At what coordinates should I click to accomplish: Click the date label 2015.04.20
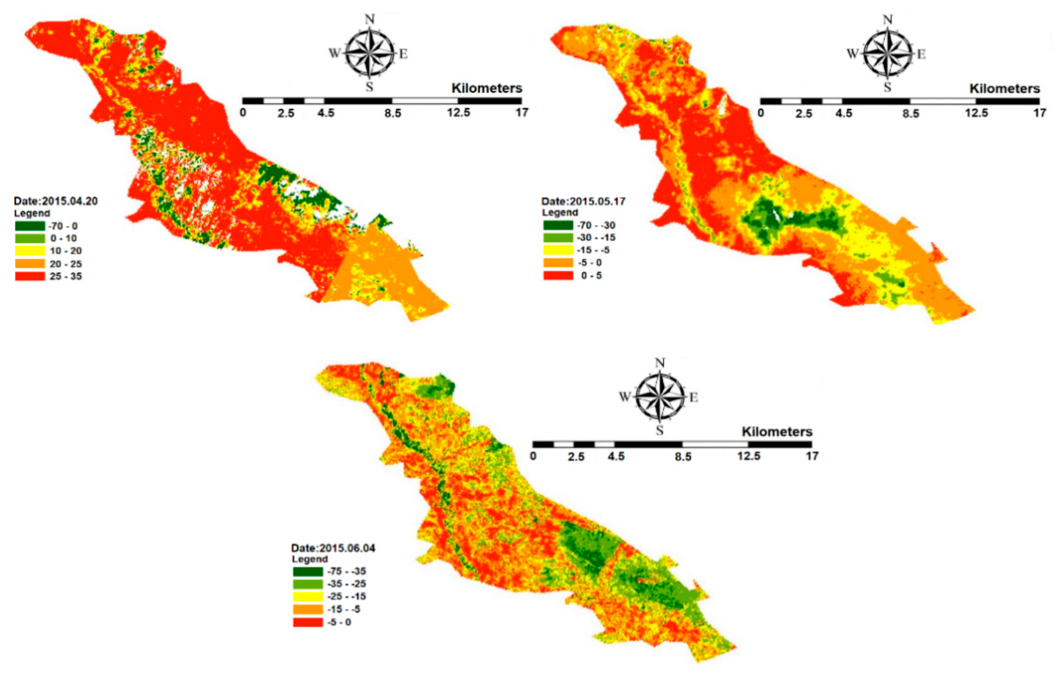pos(56,201)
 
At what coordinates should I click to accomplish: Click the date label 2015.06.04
pos(333,548)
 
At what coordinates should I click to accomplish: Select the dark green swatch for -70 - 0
pos(30,226)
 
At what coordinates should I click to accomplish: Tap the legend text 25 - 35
pos(66,276)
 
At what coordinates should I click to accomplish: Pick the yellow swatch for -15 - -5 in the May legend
pos(558,250)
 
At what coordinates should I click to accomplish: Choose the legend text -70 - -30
pos(596,226)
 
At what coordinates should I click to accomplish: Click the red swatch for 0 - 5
pos(558,275)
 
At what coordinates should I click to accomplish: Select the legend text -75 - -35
pos(347,571)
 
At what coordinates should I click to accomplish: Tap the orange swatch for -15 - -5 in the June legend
pos(308,609)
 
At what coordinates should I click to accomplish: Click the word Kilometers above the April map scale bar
pos(487,88)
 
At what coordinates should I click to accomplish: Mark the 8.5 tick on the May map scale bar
pos(911,113)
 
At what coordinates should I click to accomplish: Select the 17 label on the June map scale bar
pos(812,456)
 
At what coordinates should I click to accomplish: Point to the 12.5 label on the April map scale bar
pos(458,112)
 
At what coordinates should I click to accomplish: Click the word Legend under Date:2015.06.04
pos(309,559)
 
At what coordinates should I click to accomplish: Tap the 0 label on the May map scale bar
pos(761,113)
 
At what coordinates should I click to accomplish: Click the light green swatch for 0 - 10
pos(30,238)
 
